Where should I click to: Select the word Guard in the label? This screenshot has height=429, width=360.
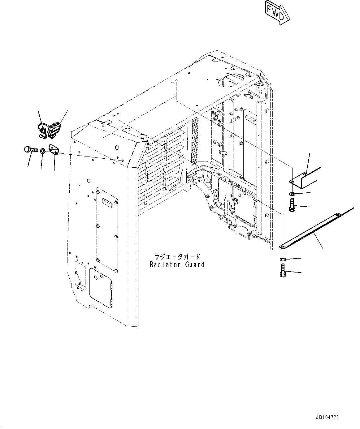pyautogui.click(x=194, y=265)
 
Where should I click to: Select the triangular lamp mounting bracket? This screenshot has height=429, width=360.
pyautogui.click(x=54, y=149)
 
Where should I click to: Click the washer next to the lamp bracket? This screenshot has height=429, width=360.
pyautogui.click(x=42, y=151)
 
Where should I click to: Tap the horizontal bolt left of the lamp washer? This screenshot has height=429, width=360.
pyautogui.click(x=30, y=150)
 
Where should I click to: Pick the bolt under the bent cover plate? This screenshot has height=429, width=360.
pyautogui.click(x=292, y=205)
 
